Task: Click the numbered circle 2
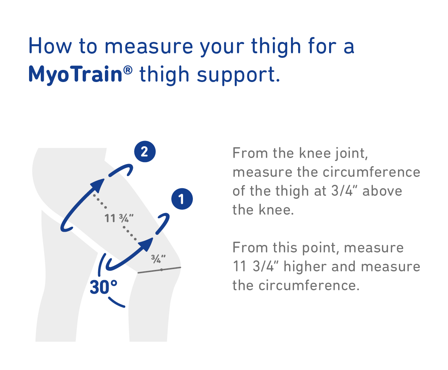pos(145,152)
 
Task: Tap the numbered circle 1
pos(182,199)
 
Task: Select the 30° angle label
pos(103,287)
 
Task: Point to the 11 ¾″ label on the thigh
pos(119,218)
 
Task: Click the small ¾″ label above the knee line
pos(158,259)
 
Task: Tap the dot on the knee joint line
pos(162,269)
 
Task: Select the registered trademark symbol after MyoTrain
pos(128,70)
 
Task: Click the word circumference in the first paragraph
pos(371,172)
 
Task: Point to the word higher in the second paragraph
pos(305,267)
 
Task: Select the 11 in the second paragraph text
pos(239,266)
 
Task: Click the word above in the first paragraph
pos(382,191)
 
